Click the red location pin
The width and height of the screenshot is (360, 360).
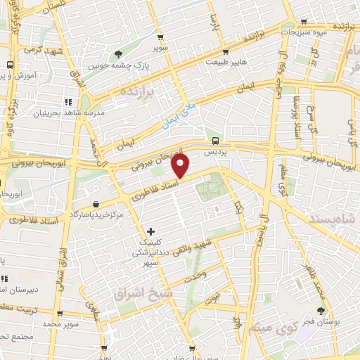181,166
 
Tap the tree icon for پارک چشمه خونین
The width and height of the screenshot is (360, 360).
117,53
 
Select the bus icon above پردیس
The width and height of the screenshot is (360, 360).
214,141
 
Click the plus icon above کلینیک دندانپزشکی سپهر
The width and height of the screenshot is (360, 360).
150,231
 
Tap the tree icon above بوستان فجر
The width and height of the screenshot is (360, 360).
321,311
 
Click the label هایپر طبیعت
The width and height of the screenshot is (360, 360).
224,62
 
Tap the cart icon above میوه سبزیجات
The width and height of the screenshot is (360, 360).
303,21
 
